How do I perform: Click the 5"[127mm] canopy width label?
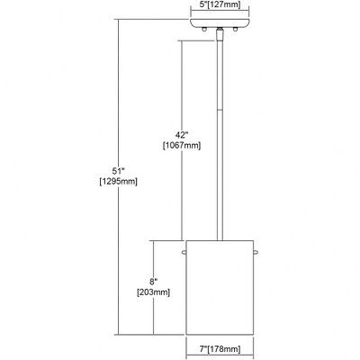coord(220,4)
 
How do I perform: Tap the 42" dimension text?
coord(182,134)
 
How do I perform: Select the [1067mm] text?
coord(182,146)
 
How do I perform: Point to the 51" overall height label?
coord(119,171)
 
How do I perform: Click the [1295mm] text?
coord(119,182)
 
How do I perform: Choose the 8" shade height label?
coord(153,282)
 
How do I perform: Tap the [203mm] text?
coord(153,292)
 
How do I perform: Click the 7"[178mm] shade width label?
coord(220,349)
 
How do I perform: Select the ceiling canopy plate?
coord(220,22)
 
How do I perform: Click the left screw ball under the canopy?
coord(205,29)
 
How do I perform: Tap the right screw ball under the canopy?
coord(236,29)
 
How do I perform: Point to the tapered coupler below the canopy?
coord(220,35)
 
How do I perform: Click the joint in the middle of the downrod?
coord(220,111)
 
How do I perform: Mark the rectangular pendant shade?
coord(220,287)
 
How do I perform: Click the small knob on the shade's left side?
coord(184,253)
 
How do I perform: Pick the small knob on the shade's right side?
coord(256,253)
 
